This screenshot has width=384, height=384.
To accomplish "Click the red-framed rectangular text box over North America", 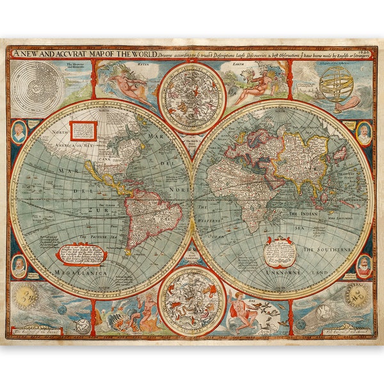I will [x=83, y=131].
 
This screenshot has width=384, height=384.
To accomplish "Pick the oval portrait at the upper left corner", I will [x=19, y=131].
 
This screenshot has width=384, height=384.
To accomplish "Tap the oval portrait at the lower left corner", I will [x=19, y=266].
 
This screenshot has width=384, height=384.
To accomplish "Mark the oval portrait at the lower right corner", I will [x=364, y=266].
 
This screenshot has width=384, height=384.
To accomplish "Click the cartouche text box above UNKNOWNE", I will [x=280, y=251].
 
